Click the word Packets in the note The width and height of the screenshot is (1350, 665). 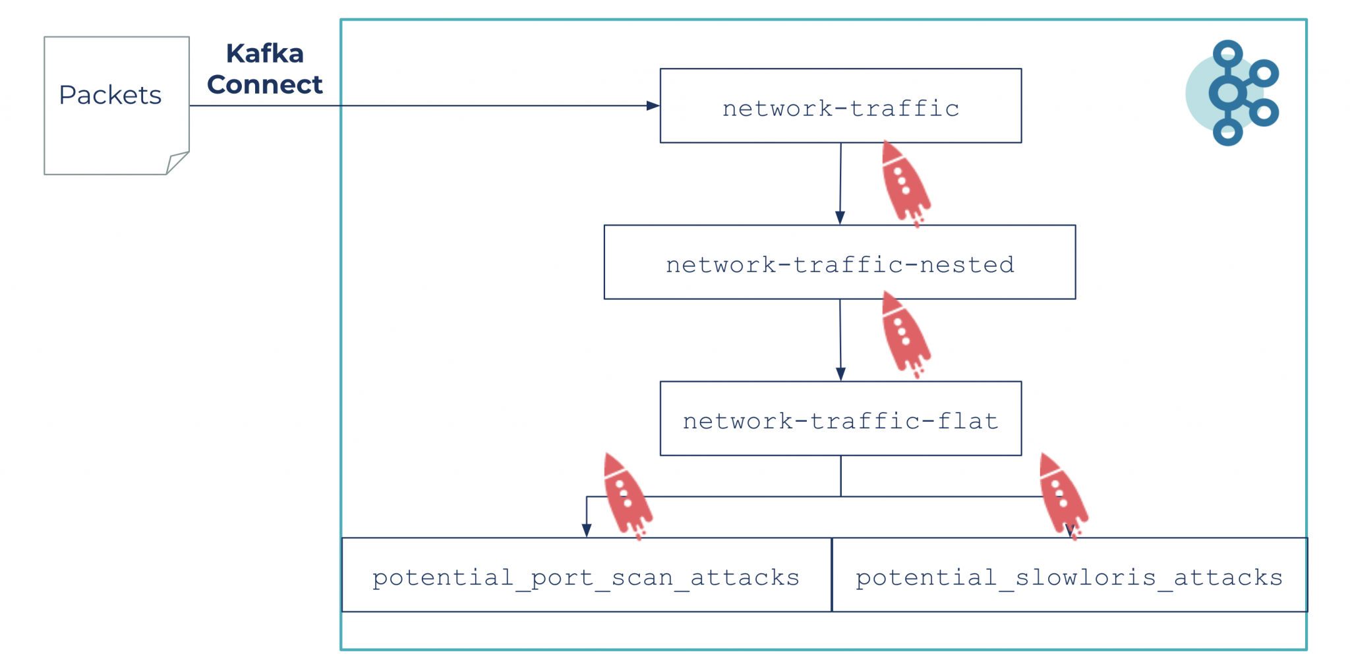pyautogui.click(x=110, y=96)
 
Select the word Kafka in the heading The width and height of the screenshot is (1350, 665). pyautogui.click(x=264, y=54)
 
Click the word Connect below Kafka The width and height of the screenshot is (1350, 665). pyautogui.click(x=264, y=85)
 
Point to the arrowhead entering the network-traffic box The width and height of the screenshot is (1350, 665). pyautogui.click(x=653, y=105)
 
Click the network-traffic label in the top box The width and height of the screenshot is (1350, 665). pyautogui.click(x=840, y=108)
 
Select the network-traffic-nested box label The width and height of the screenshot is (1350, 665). pyautogui.click(x=840, y=264)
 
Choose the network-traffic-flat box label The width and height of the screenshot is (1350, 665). pyautogui.click(x=840, y=420)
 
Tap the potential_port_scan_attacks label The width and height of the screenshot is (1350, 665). pyautogui.click(x=585, y=577)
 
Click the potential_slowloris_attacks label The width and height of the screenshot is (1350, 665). pyautogui.click(x=1069, y=577)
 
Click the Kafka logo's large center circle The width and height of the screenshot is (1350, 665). pyautogui.click(x=1227, y=93)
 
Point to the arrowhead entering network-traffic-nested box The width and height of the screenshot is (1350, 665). pyautogui.click(x=840, y=217)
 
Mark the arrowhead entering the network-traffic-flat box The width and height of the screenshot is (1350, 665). pyautogui.click(x=840, y=374)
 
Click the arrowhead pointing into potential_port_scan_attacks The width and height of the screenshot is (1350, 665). pyautogui.click(x=587, y=530)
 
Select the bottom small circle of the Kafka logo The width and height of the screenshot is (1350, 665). pyautogui.click(x=1227, y=132)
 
